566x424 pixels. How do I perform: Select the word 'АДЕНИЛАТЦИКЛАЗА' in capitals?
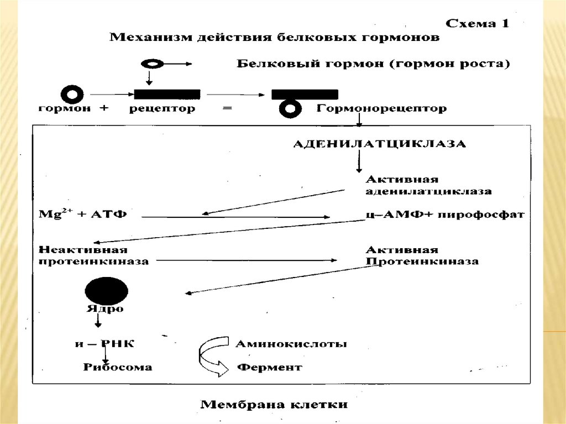click(379, 145)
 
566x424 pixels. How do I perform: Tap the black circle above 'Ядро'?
click(106, 290)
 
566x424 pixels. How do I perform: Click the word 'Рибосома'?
click(118, 367)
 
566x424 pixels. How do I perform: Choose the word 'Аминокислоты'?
click(291, 344)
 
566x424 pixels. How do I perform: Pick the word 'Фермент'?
click(269, 367)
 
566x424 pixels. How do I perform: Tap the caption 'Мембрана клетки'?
click(274, 404)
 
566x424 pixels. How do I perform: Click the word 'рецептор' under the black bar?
click(162, 109)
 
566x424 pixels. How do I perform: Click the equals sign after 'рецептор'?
click(227, 109)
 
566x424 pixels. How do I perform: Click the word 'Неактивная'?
click(75, 249)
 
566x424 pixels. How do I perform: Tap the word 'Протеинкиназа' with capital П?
click(421, 261)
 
